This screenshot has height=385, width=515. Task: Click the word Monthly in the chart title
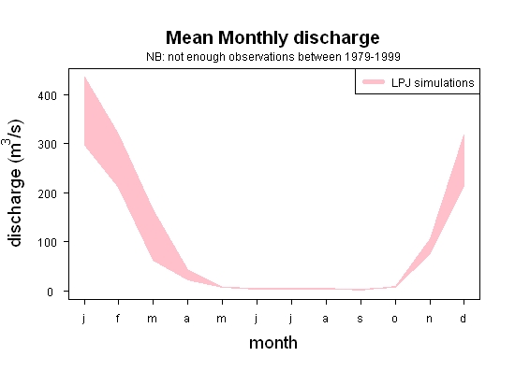click(253, 38)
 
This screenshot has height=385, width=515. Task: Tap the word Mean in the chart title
click(190, 37)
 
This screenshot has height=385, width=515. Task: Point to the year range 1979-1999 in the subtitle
click(372, 57)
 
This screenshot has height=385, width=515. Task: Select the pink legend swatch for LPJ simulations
click(374, 82)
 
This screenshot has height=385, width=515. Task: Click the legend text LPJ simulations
click(433, 82)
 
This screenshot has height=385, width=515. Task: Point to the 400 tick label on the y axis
click(48, 95)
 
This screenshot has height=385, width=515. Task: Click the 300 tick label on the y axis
click(48, 144)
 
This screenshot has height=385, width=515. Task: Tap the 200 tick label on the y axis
click(48, 193)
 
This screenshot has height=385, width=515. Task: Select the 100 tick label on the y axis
click(48, 242)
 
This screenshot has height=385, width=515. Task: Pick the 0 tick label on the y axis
click(50, 292)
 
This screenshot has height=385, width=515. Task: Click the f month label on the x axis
click(118, 318)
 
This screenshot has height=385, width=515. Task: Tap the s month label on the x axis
click(360, 319)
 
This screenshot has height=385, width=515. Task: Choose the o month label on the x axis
click(395, 319)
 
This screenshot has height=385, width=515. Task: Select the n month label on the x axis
click(429, 319)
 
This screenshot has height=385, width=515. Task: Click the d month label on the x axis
click(463, 318)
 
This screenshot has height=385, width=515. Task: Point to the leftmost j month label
click(84, 319)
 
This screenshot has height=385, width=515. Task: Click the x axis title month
click(273, 343)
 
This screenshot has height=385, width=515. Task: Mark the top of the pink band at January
click(84, 77)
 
